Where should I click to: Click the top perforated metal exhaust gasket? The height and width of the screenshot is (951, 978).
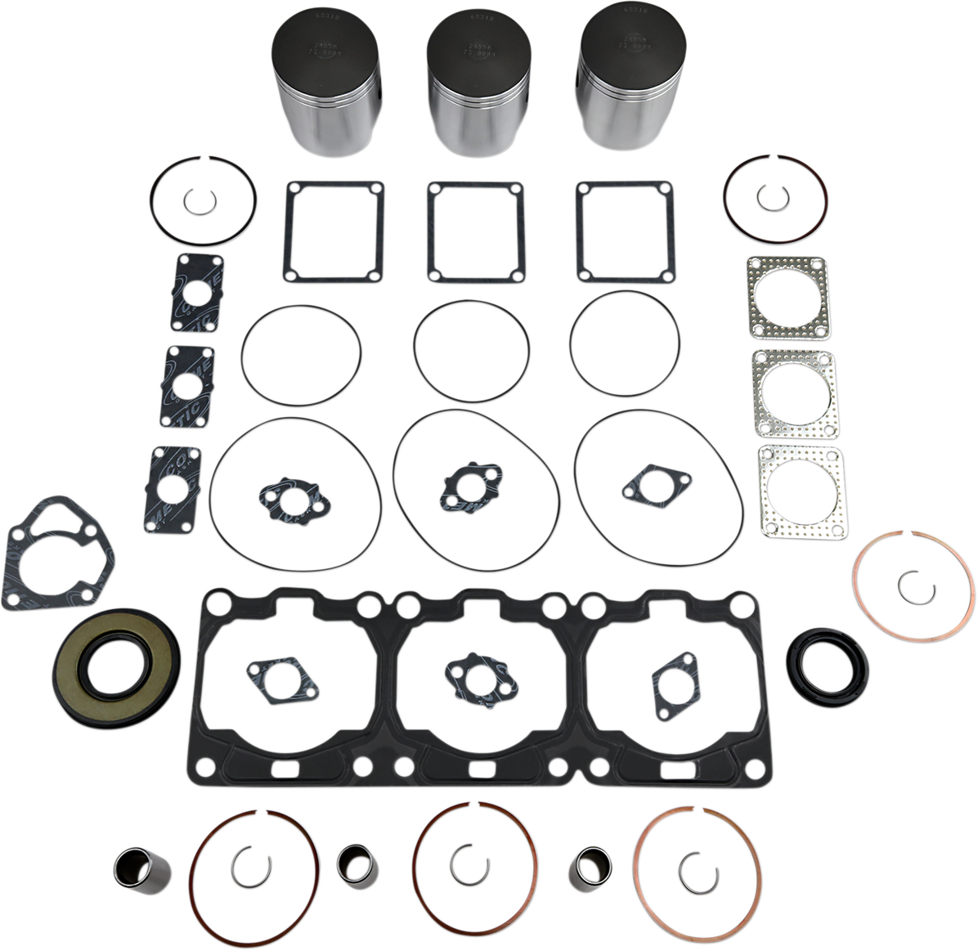click(787, 298)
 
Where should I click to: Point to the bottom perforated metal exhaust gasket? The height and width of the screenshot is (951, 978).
click(799, 491)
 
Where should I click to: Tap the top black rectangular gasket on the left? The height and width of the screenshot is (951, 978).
click(198, 293)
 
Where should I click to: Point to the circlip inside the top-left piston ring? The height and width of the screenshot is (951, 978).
click(196, 199)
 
